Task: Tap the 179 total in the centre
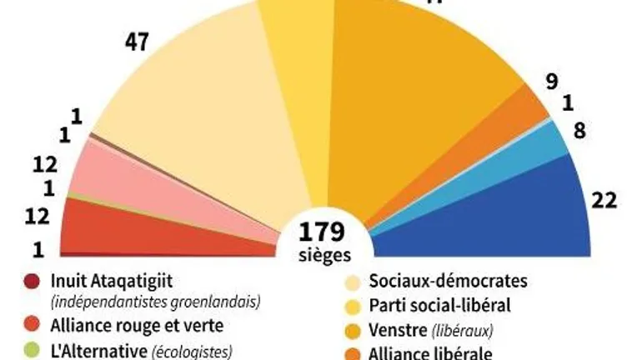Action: point(322,230)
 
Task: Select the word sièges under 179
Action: point(322,252)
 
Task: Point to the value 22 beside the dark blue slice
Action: point(603,200)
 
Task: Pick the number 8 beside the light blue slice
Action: point(580,130)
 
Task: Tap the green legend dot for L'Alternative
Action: point(33,351)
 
